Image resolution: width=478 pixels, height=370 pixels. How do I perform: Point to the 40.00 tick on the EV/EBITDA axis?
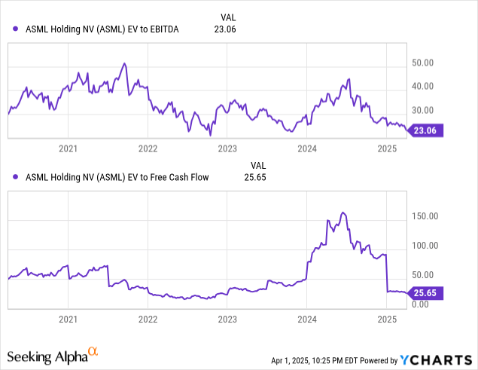pyautogui.click(x=423, y=86)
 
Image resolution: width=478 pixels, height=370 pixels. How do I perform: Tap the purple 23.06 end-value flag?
pyautogui.click(x=427, y=130)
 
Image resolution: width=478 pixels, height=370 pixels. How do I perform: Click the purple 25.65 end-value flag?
pyautogui.click(x=427, y=294)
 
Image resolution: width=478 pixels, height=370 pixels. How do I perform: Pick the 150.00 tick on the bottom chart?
pyautogui.click(x=425, y=217)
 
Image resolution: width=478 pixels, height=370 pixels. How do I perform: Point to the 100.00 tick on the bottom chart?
pyautogui.click(x=425, y=246)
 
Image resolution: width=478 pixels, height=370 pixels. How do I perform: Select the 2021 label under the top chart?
pyautogui.click(x=69, y=149)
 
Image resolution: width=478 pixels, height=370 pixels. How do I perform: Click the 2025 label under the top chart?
pyautogui.click(x=386, y=149)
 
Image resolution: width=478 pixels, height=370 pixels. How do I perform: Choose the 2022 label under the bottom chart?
pyautogui.click(x=148, y=320)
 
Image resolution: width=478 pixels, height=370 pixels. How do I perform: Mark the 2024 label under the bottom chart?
pyautogui.click(x=307, y=320)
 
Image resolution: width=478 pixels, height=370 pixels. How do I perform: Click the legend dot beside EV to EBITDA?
pyautogui.click(x=17, y=29)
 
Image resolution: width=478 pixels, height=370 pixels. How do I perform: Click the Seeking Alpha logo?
pyautogui.click(x=53, y=354)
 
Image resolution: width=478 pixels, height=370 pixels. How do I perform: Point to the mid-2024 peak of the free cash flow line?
pyautogui.click(x=343, y=213)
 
